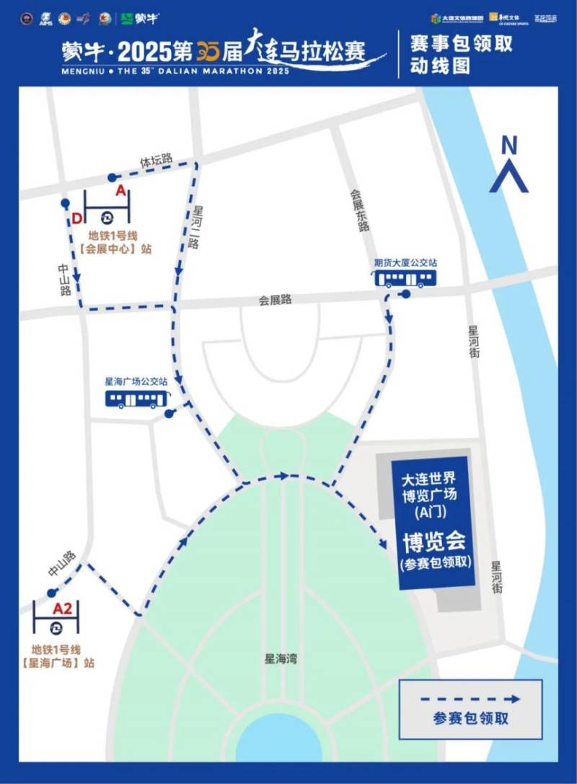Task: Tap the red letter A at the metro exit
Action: pyautogui.click(x=120, y=190)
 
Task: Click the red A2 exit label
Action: pyautogui.click(x=63, y=609)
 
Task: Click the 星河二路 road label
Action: pyautogui.click(x=195, y=226)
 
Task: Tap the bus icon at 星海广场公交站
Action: pyautogui.click(x=137, y=399)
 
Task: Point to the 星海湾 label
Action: pyautogui.click(x=281, y=659)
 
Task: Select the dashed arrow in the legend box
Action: pyautogui.click(x=471, y=698)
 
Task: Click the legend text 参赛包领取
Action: pyautogui.click(x=471, y=718)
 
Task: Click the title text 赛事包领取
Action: pyautogui.click(x=461, y=43)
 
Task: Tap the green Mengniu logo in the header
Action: pyautogui.click(x=139, y=18)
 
